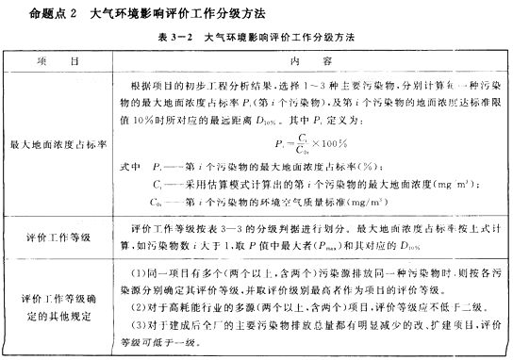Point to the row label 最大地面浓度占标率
[x=57, y=146]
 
